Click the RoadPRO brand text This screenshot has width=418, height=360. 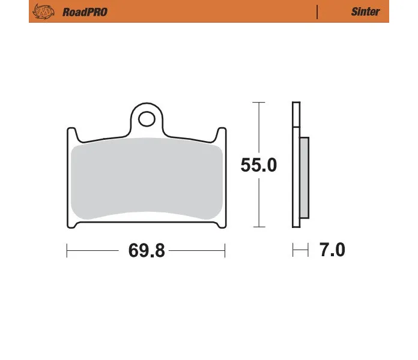coord(85,12)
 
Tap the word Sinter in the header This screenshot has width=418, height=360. coord(365,11)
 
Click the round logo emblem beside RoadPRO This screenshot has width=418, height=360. coord(43,11)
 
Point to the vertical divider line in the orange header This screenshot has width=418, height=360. coord(317,12)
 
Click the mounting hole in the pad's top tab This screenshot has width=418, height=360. coord(147,119)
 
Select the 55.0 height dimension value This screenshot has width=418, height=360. coord(259,165)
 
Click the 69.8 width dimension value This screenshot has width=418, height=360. coord(147,251)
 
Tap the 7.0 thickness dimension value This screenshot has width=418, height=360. coord(332,250)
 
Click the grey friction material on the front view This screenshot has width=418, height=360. coord(147,178)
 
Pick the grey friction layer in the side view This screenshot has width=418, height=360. coord(304,178)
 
